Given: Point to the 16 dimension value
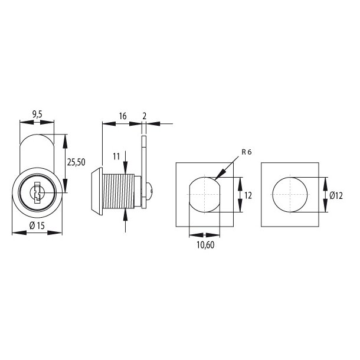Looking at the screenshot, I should click(x=122, y=116).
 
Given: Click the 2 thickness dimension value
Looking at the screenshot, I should click(x=145, y=116).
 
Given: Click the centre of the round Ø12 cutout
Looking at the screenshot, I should click(x=290, y=195).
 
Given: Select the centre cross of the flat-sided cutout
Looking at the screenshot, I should click(x=204, y=195).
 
